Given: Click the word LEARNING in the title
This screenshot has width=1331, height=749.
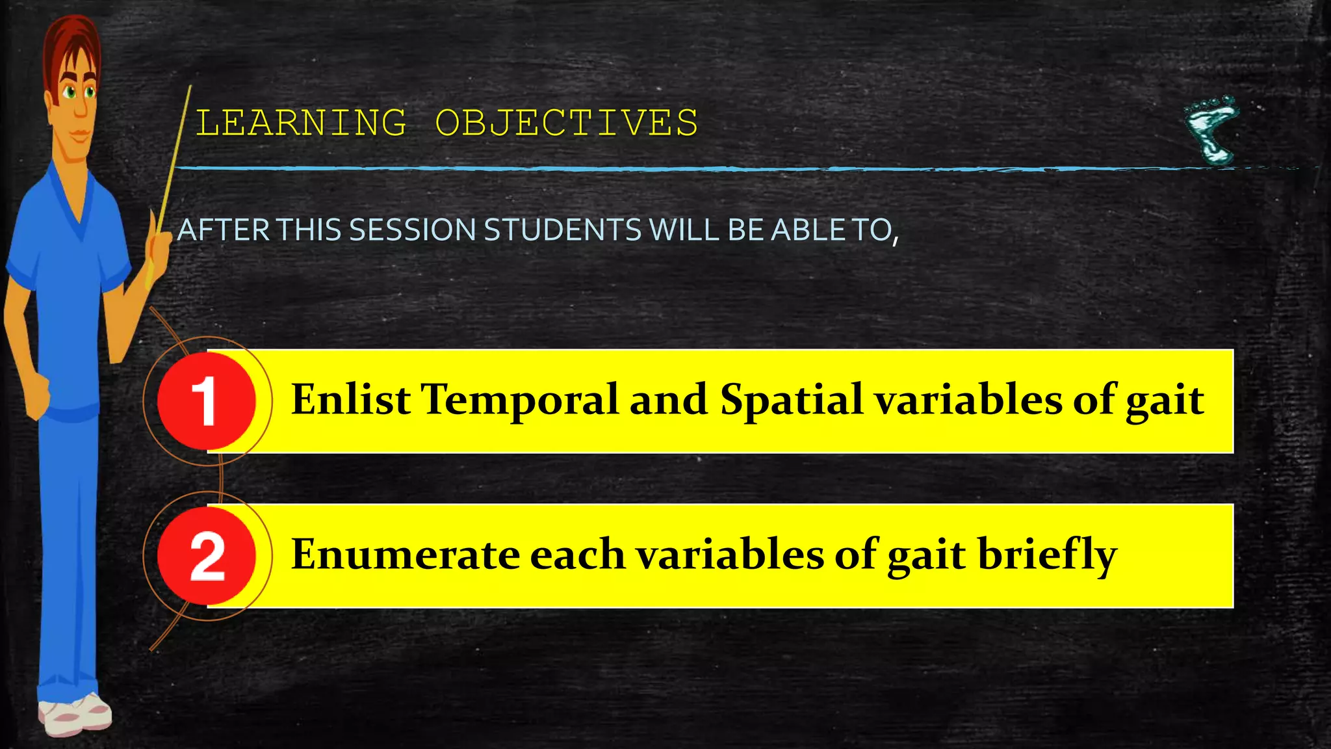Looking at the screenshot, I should [301, 123].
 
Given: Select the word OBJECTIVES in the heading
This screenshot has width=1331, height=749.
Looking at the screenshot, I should [566, 123].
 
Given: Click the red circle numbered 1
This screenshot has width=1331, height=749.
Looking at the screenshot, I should [207, 401].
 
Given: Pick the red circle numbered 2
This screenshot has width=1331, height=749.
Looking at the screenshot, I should [207, 556].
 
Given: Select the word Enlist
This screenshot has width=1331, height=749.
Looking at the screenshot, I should [350, 399].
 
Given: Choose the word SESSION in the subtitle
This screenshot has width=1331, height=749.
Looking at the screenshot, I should [412, 230].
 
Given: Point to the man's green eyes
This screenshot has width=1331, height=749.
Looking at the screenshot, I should [79, 92].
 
